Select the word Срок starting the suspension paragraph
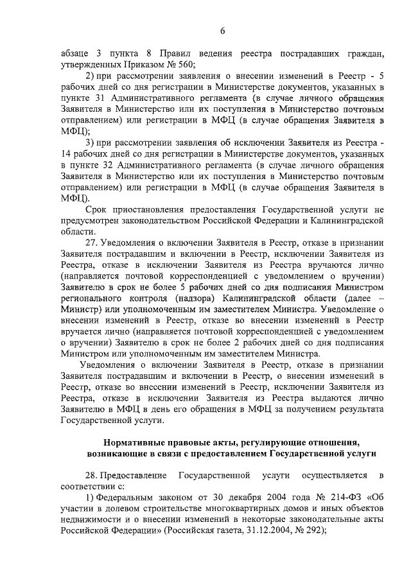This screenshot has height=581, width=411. coord(97,209)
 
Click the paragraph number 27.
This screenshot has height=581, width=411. coord(92,244)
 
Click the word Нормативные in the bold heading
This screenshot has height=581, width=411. coord(135,442)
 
